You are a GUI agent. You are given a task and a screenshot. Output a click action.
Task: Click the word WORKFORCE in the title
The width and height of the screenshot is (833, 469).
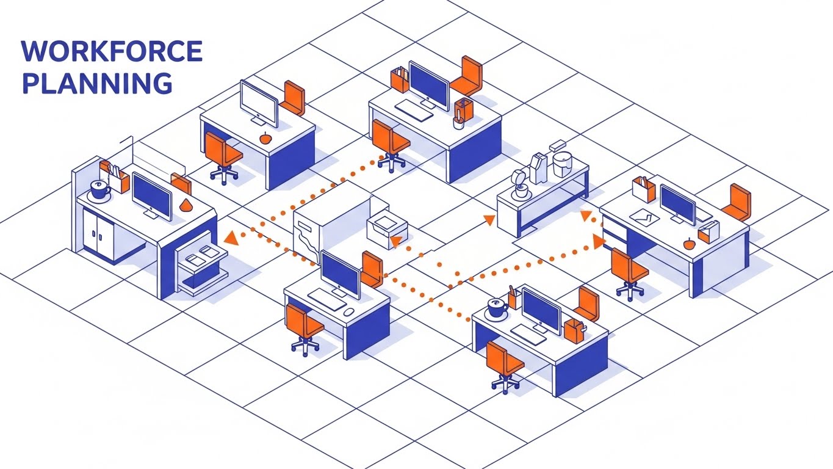pyautogui.click(x=112, y=51)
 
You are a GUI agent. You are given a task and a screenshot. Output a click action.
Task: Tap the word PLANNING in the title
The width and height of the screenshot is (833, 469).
pyautogui.click(x=96, y=84)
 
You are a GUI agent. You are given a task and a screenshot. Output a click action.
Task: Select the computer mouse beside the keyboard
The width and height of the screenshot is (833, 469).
pyautogui.click(x=348, y=311)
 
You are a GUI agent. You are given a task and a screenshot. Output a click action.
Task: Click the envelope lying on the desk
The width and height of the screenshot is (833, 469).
pyautogui.click(x=641, y=214)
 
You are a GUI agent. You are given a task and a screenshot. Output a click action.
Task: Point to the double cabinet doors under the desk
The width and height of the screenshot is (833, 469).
pyautogui.click(x=98, y=233)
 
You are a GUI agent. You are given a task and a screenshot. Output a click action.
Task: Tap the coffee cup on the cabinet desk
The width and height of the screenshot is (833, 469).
pyautogui.click(x=99, y=189)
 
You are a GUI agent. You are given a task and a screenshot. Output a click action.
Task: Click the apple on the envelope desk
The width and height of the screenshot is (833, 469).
pyautogui.click(x=689, y=244)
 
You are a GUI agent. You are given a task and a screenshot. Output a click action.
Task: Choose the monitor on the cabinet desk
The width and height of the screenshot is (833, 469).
pyautogui.click(x=151, y=194)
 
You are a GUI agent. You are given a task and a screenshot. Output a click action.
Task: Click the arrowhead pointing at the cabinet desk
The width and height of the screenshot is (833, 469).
pyautogui.click(x=231, y=238)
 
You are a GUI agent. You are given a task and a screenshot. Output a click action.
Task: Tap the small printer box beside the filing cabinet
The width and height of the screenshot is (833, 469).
pyautogui.click(x=386, y=230)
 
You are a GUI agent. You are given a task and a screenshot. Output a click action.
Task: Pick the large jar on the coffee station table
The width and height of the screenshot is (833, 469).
pyautogui.click(x=562, y=163)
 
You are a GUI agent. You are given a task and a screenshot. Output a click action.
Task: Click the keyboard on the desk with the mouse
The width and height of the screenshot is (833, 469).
pyautogui.click(x=325, y=299)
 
